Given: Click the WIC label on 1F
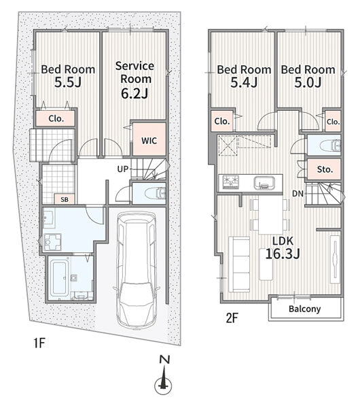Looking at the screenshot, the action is pos(149,141).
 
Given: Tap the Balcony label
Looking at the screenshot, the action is pos(304,309).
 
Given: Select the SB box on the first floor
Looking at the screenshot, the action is pos(65,199).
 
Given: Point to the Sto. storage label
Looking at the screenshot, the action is pos(325,169).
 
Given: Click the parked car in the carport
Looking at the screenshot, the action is pos(137,269).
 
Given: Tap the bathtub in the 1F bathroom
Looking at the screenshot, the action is pos(60,277).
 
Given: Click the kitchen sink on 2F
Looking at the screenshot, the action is pos(264,183).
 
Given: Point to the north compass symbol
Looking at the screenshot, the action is pos(163,375).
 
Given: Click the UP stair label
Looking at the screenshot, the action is pos(123,169).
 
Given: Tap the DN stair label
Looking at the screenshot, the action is pos(298,194).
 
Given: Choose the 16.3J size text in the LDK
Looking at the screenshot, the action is pos(283,254).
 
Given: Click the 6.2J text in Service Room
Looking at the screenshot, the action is pos(134,93).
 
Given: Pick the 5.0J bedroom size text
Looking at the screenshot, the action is pos(308,82).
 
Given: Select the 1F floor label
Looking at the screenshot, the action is pos(39,343).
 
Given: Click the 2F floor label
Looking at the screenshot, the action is pos(232,318).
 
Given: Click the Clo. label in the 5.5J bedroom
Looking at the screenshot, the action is pos(56,118).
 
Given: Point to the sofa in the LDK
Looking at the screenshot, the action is pos(239,264).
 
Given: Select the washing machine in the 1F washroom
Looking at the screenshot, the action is pos(52,242).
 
